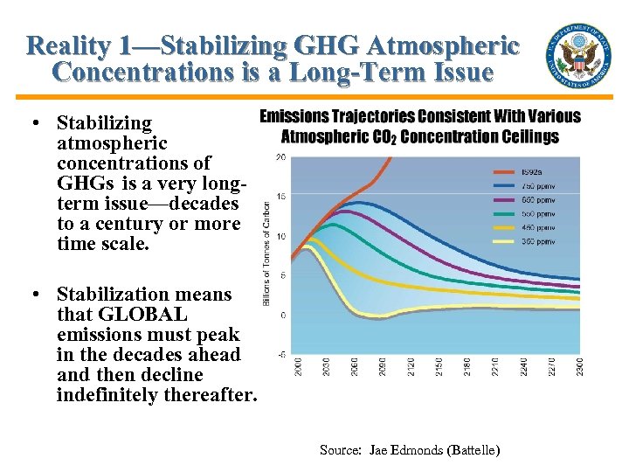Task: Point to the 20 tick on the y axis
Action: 280,157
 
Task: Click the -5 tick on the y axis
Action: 280,355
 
